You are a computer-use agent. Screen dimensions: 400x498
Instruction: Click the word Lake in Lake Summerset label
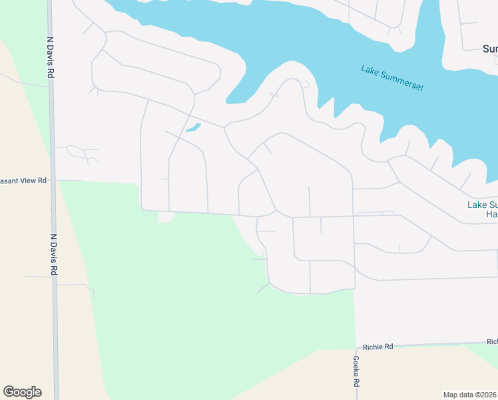pos(370,70)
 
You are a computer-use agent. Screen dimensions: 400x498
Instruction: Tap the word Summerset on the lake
pos(401,80)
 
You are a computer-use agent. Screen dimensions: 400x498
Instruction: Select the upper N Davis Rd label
pos(49,57)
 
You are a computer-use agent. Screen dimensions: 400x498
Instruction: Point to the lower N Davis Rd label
pos(53,254)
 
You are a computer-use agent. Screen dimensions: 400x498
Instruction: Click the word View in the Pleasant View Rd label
pos(26,181)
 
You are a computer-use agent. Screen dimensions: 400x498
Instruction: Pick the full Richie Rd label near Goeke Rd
pos(378,347)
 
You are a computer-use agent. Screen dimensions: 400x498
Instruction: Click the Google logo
pos(22,392)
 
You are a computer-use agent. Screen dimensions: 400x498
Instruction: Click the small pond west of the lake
pos(194,127)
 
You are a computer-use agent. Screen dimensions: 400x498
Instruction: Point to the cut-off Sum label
pos(490,49)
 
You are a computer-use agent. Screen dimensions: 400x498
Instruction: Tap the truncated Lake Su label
pos(482,205)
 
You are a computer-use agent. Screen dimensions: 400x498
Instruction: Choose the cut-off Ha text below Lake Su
pos(492,215)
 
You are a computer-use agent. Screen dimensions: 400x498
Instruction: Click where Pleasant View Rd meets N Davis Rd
pos(54,180)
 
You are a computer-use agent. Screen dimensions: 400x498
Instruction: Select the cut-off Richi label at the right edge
pos(492,341)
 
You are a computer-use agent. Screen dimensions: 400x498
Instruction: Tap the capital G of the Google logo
pos(9,392)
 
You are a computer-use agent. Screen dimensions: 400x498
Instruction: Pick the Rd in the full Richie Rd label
pos(389,347)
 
